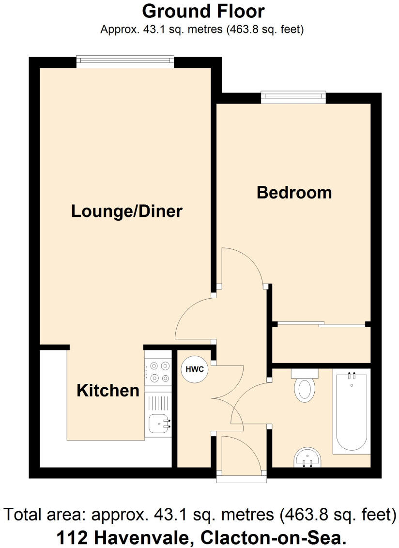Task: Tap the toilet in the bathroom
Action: click(x=305, y=387)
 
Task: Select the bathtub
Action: click(x=351, y=411)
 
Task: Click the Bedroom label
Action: click(x=294, y=192)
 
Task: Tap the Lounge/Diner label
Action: click(x=127, y=211)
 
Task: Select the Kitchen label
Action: click(x=108, y=390)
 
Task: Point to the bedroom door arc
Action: click(x=242, y=266)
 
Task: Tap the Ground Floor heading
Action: click(x=203, y=11)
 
